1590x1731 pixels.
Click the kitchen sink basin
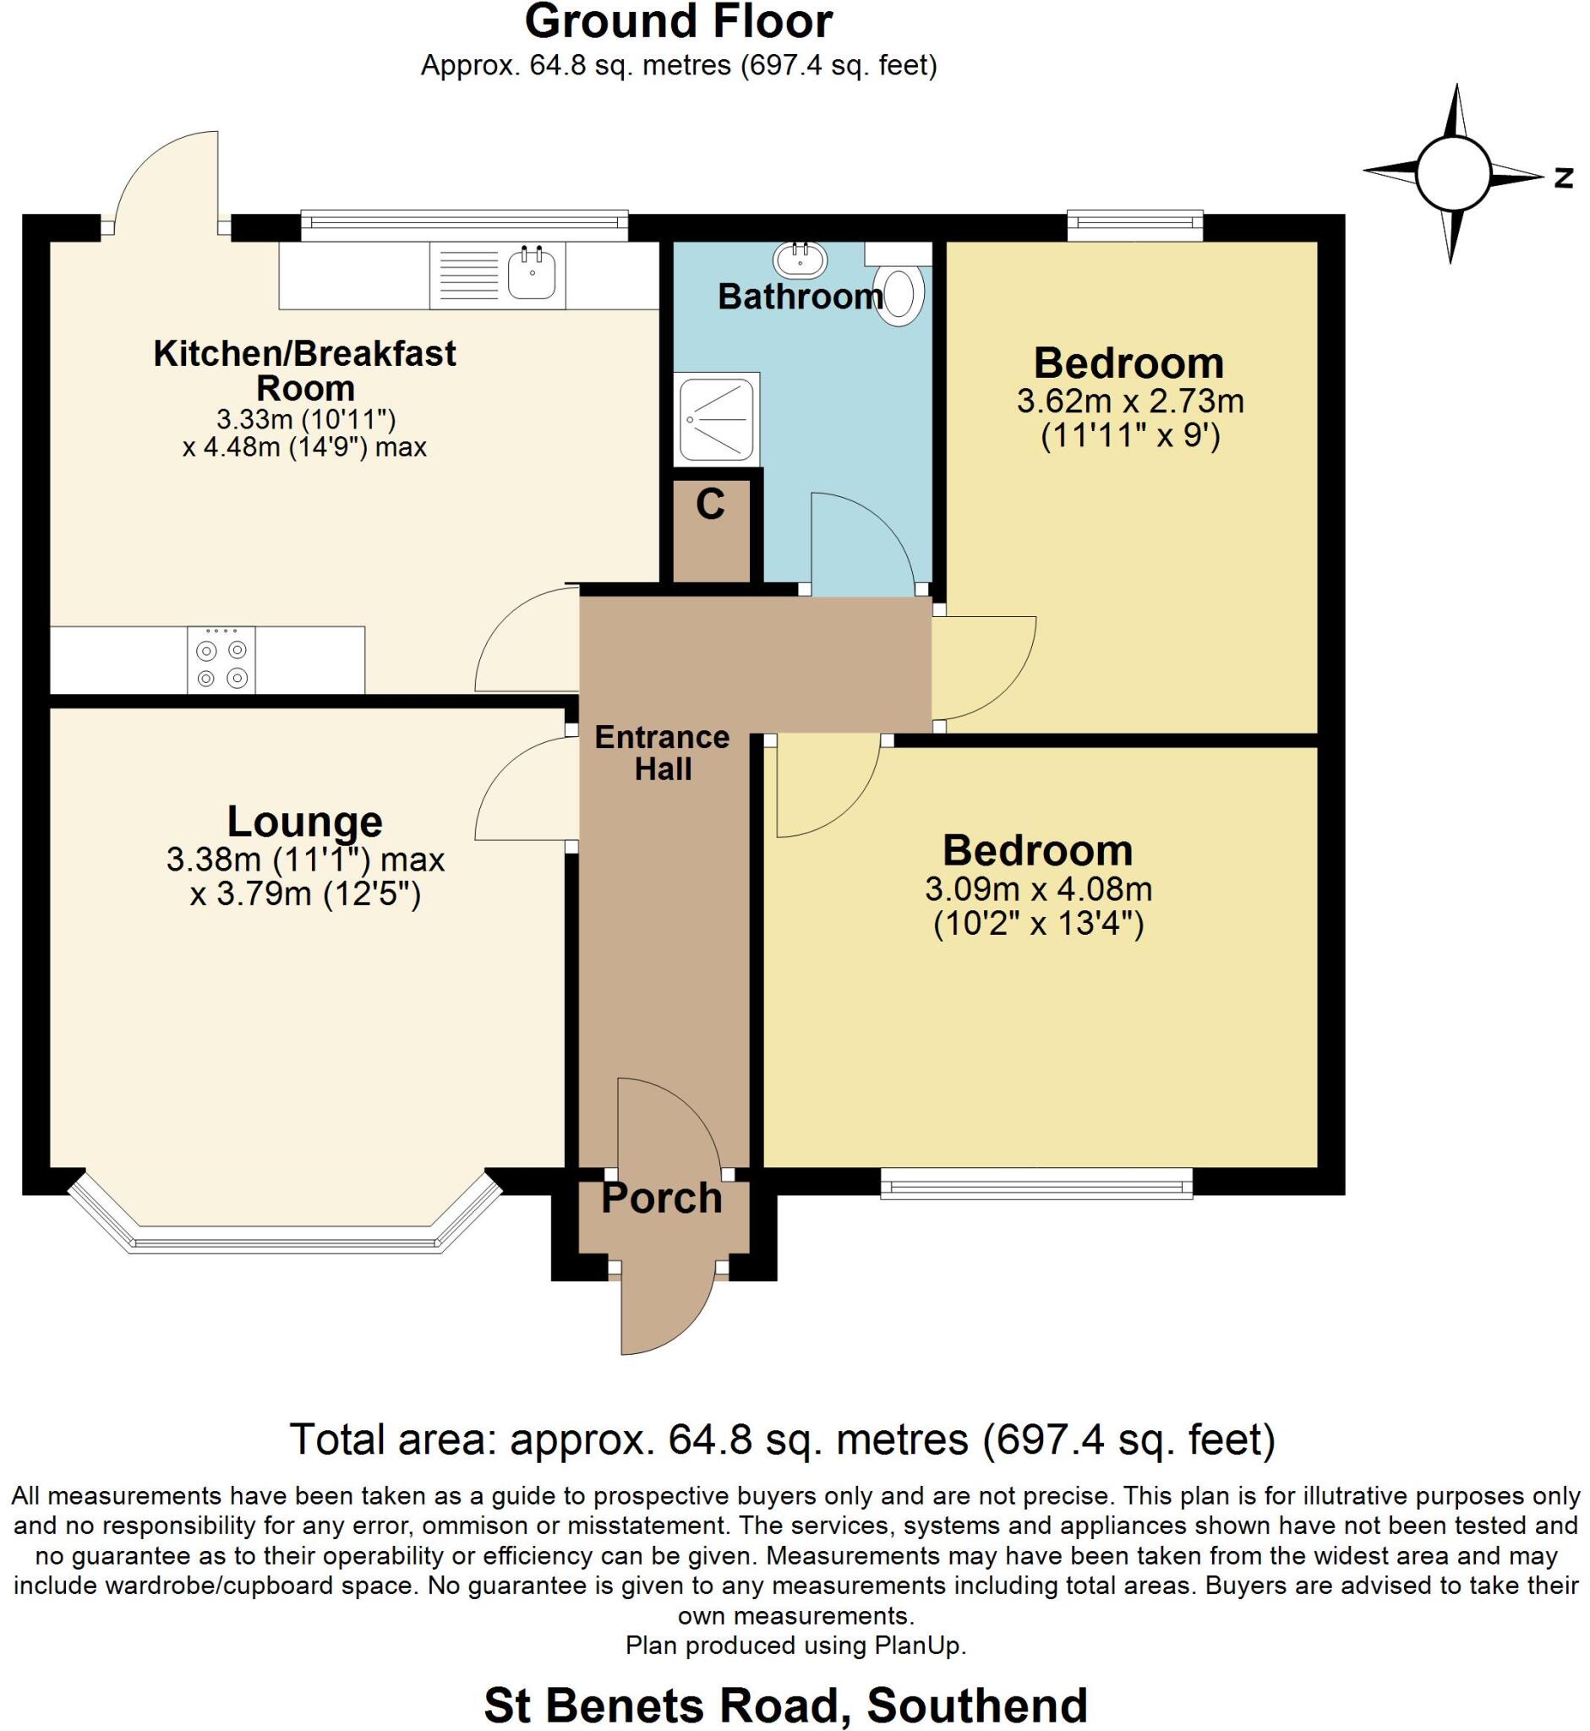point(533,273)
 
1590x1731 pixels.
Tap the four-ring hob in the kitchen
point(221,660)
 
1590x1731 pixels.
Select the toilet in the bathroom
point(899,284)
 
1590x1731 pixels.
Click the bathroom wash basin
point(801,255)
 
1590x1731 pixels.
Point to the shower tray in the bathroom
point(717,418)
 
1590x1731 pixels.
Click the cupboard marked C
point(712,531)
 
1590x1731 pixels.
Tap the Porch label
point(662,1199)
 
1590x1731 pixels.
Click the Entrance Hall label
point(663,753)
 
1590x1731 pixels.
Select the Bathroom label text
point(801,297)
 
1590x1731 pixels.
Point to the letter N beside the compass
point(1563,178)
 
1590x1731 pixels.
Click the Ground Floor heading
point(679,21)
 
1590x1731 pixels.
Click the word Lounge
point(304,822)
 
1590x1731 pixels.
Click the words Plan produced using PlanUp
point(796,1646)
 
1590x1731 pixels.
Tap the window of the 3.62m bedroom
point(1135,227)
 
